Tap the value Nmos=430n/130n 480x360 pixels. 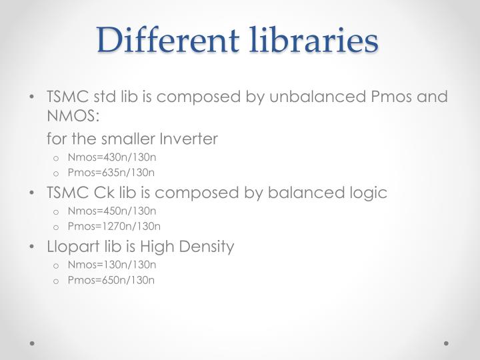[x=111, y=158]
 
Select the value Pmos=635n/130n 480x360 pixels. [x=111, y=173]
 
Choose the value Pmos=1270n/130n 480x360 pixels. [x=114, y=227]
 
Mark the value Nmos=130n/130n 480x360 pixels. [x=111, y=265]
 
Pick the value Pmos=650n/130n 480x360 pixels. [x=111, y=280]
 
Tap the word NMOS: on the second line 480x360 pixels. [x=73, y=117]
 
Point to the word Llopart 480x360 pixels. [x=69, y=247]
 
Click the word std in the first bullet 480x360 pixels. [x=106, y=97]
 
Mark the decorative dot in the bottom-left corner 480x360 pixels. [x=33, y=344]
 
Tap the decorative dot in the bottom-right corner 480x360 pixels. [x=446, y=344]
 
